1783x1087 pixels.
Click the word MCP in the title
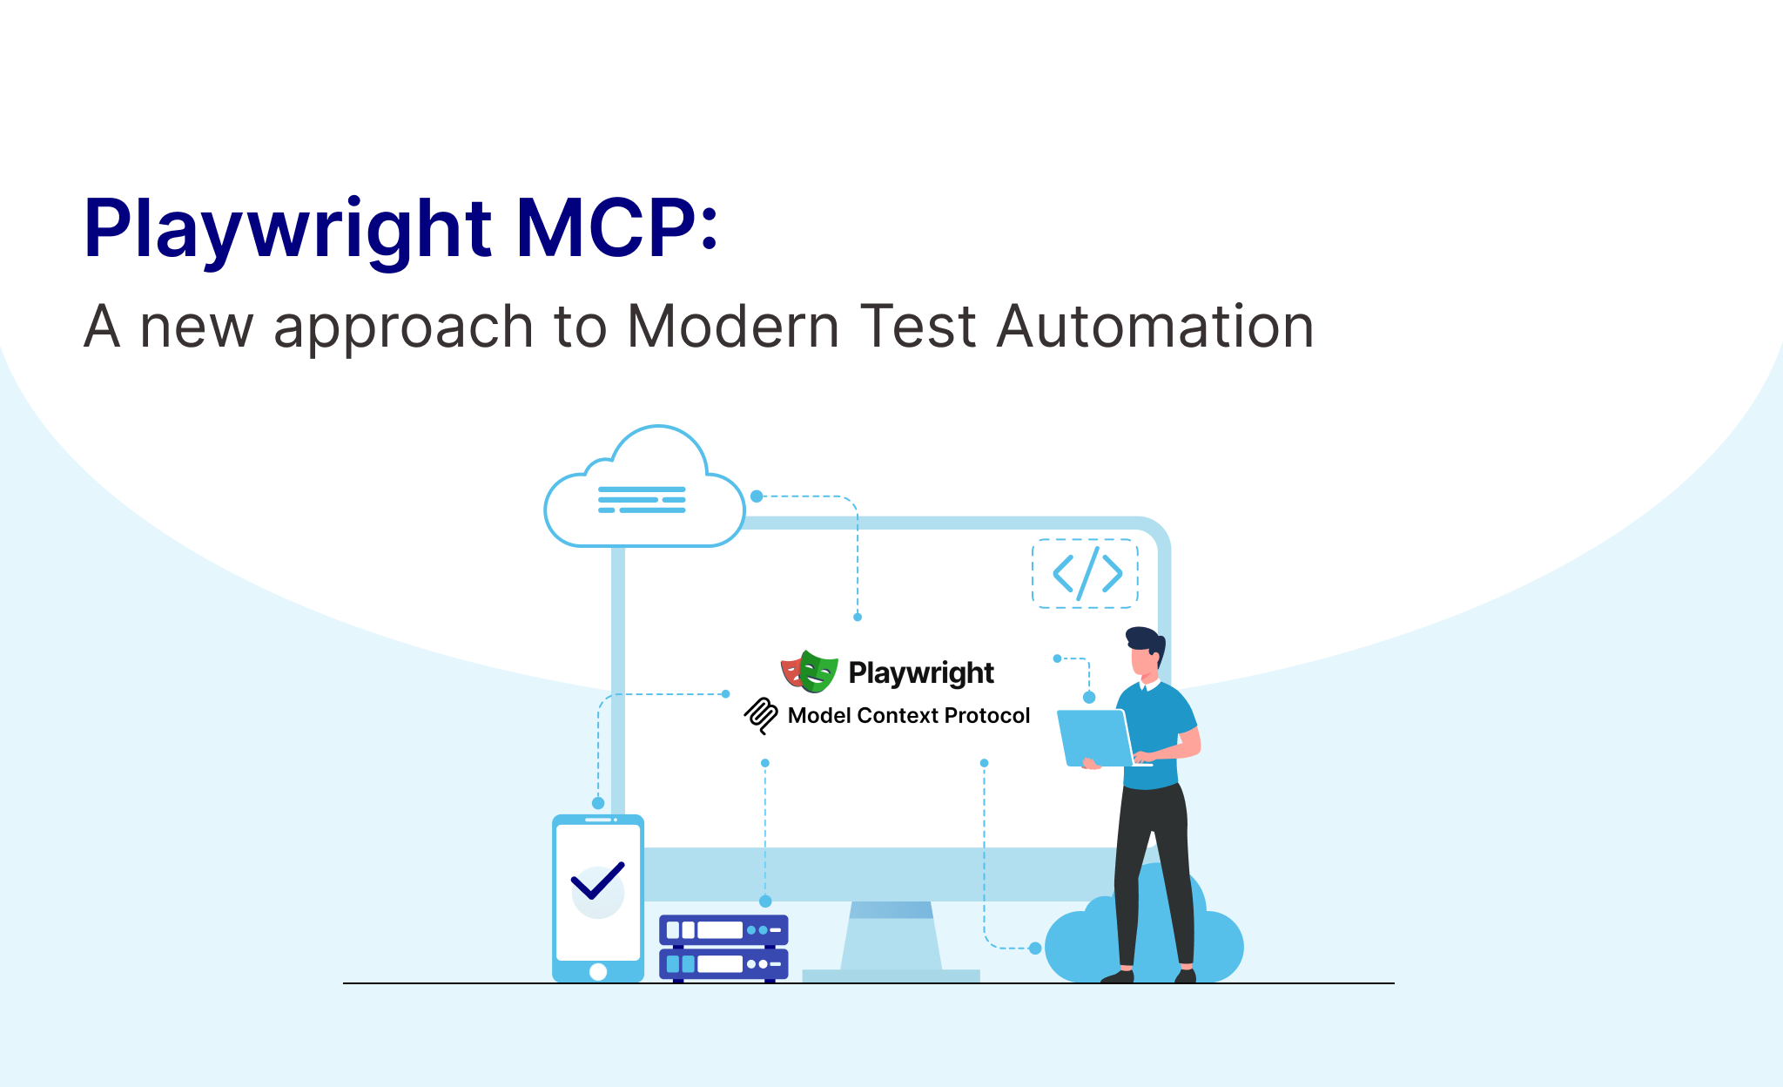pos(606,228)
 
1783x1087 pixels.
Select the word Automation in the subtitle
pos(1154,327)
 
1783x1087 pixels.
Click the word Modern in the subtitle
pos(733,327)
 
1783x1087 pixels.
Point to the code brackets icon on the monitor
pos(1086,573)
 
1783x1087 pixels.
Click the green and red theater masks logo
pos(809,672)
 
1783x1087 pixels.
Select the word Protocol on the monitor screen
pos(987,715)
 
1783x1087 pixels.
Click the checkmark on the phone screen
pos(598,881)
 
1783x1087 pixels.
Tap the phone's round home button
pos(598,972)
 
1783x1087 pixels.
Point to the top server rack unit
pos(723,930)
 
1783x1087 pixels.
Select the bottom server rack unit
pos(723,963)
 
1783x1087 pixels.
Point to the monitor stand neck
pos(891,935)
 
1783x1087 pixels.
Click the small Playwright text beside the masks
pos(921,673)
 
